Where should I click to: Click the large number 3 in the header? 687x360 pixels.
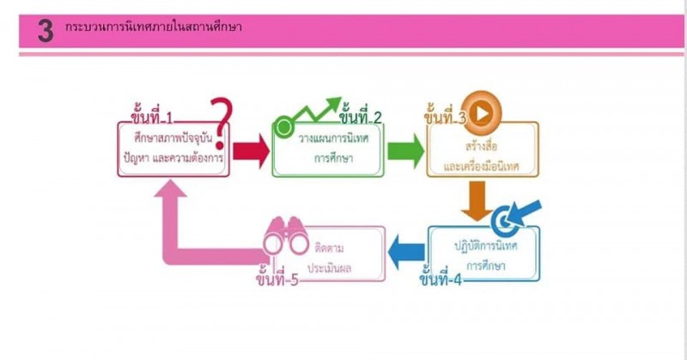coord(46,32)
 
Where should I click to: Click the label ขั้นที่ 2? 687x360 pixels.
coord(360,117)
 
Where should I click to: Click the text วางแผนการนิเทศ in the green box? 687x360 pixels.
coord(328,139)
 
